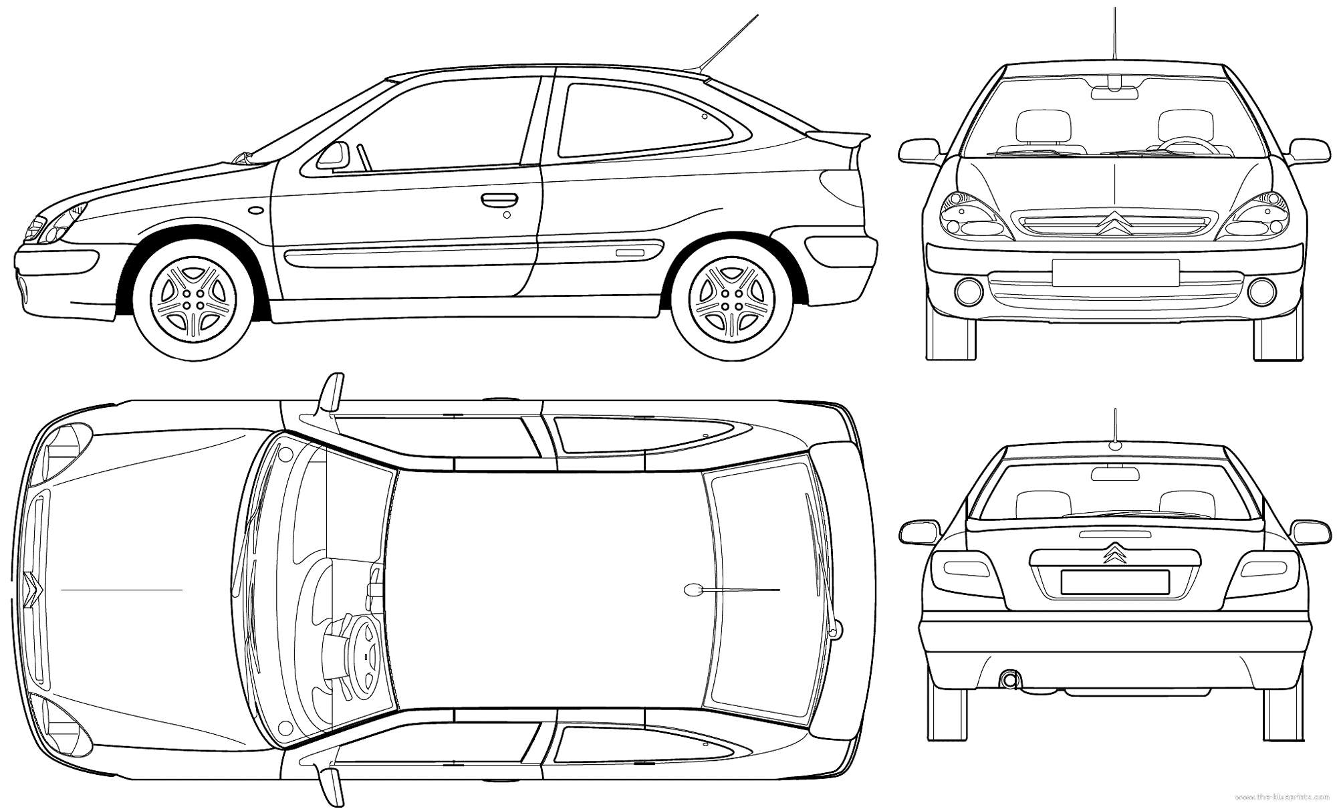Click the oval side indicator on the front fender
(255, 210)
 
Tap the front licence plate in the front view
(1115, 273)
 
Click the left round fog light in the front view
(969, 290)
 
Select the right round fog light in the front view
(1261, 290)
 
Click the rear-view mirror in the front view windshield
(1114, 92)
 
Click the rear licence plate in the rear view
(1114, 581)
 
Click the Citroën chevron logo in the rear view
(1114, 552)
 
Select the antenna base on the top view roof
(693, 590)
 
